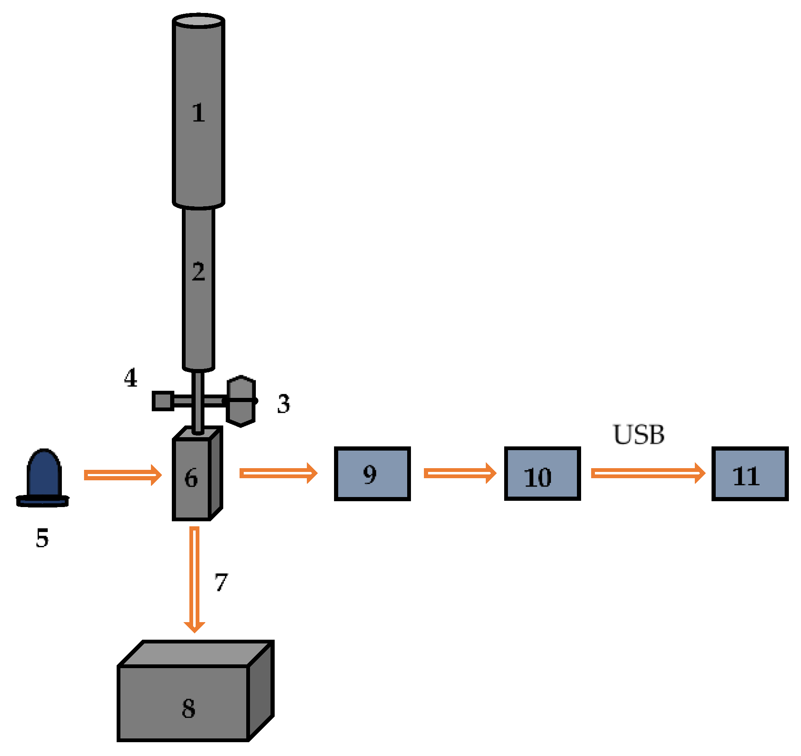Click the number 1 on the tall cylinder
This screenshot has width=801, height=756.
click(199, 113)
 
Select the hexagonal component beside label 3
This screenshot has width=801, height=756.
click(241, 401)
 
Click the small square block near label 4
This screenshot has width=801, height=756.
click(163, 401)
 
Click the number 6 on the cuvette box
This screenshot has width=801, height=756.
click(191, 478)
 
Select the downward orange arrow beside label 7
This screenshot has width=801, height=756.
click(194, 579)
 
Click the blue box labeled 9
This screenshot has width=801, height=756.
click(372, 474)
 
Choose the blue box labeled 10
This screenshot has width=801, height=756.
click(542, 474)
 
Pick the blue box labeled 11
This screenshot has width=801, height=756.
click(750, 474)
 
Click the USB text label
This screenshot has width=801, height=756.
click(638, 435)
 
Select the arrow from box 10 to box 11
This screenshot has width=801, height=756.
click(648, 473)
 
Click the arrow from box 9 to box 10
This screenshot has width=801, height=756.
click(460, 473)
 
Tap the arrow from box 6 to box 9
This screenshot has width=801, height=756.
click(278, 473)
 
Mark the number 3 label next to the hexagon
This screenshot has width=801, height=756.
click(284, 404)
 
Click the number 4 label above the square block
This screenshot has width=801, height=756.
click(131, 378)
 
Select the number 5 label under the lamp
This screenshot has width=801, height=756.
click(42, 538)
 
